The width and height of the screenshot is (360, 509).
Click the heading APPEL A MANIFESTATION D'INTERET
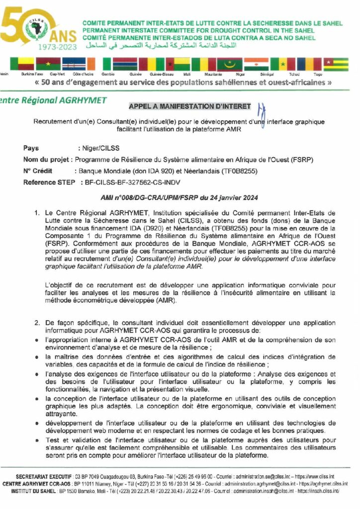point(190,106)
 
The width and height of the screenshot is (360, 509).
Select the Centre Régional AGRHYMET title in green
point(54,100)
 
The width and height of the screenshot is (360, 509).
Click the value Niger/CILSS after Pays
point(98,148)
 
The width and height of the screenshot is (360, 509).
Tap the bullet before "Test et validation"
point(38,440)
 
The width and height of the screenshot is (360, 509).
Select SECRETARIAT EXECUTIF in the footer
point(44,476)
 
